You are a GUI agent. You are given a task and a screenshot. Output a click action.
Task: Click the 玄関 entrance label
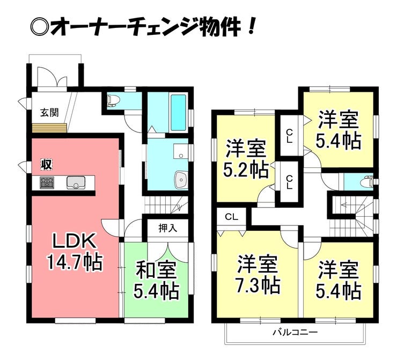49,113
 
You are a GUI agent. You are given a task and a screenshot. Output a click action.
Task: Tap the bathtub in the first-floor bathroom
179,113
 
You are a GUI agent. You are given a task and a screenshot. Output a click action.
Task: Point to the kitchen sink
76,182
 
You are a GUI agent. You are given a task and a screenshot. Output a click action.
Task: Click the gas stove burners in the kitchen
47,182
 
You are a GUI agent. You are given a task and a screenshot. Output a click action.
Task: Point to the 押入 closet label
168,229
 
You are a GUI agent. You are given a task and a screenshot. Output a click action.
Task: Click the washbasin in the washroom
181,180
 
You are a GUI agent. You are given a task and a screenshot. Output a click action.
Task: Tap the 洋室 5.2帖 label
246,159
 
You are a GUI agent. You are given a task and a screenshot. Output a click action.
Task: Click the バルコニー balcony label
295,332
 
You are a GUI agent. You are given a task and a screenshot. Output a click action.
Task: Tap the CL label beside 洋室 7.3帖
232,217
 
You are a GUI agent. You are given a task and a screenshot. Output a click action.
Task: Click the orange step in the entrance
49,128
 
